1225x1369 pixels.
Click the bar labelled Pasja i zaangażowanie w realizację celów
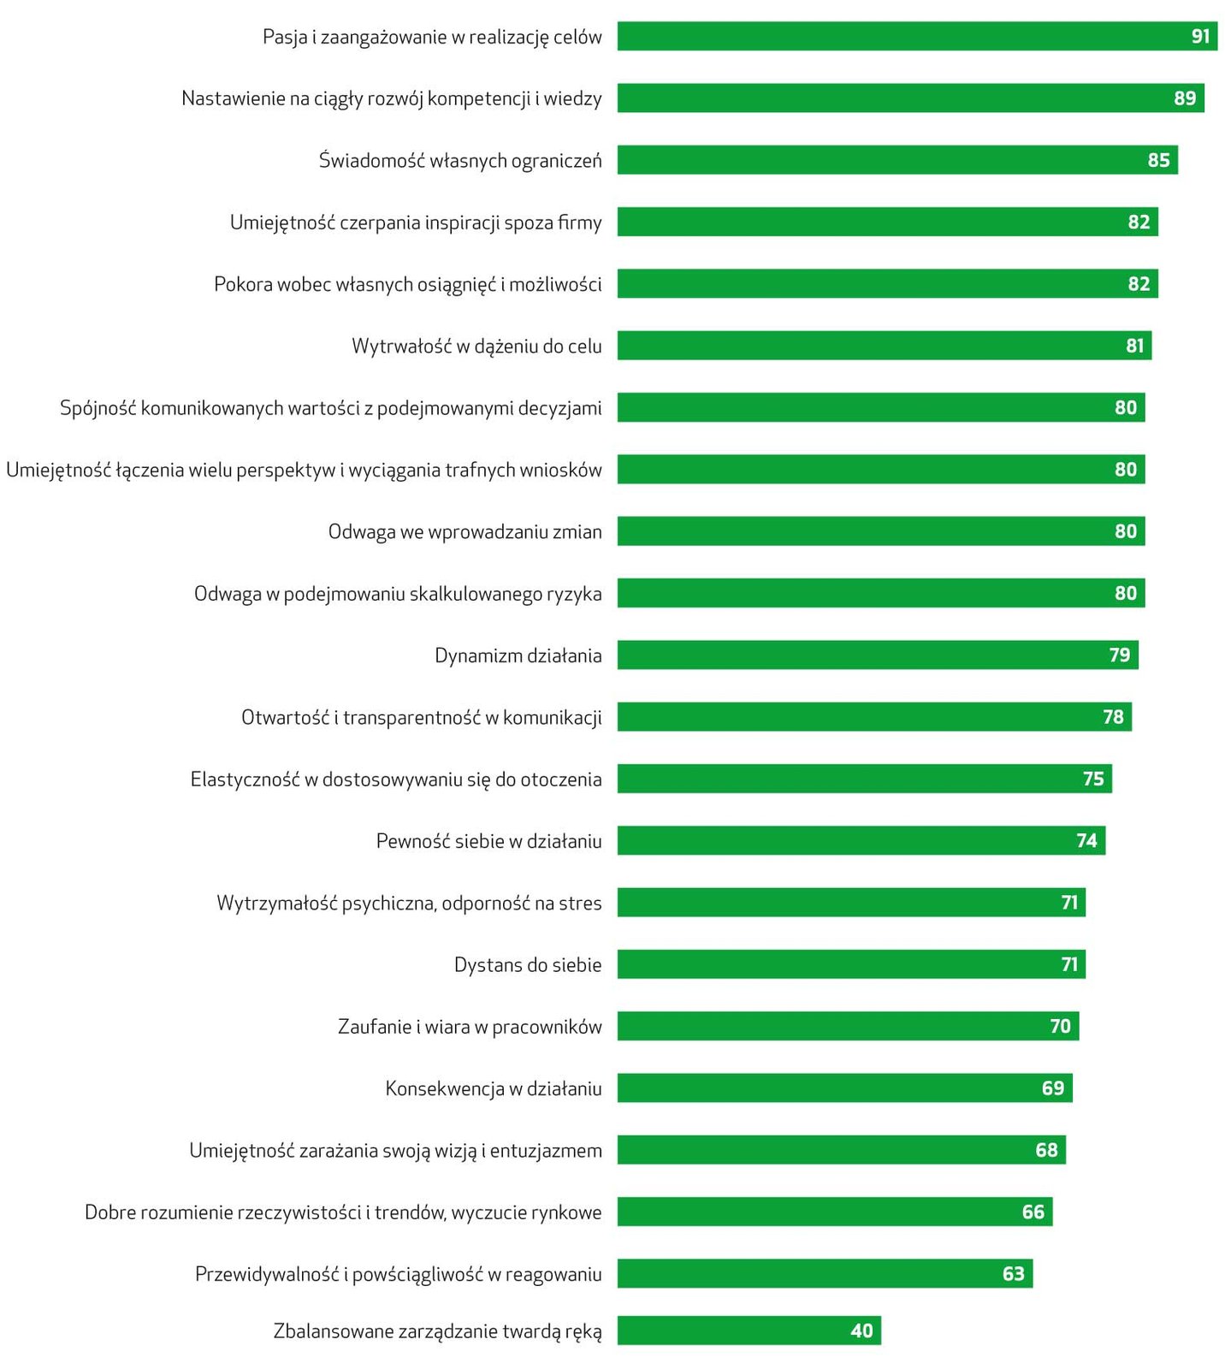[x=916, y=36]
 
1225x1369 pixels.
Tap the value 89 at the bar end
[x=1184, y=98]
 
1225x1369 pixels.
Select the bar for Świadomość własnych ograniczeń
[x=897, y=160]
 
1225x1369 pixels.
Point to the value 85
[x=1158, y=160]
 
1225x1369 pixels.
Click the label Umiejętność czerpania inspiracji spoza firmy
[x=416, y=222]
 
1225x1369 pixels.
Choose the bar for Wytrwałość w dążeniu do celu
[x=884, y=346]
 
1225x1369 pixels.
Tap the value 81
[x=1134, y=346]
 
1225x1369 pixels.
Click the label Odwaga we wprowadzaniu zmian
[x=465, y=531]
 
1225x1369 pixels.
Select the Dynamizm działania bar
[x=877, y=655]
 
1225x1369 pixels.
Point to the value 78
[x=1113, y=717]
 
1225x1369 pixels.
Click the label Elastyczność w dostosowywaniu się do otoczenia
[x=396, y=779]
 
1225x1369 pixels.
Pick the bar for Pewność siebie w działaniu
[x=861, y=840]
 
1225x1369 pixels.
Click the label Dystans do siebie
[x=528, y=965]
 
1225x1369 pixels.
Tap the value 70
[x=1060, y=1026]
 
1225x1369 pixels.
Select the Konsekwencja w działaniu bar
[x=844, y=1087]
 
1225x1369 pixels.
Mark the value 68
[x=1046, y=1150]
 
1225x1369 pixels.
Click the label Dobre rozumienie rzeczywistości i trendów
[x=343, y=1212]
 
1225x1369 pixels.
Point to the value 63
[x=1013, y=1274]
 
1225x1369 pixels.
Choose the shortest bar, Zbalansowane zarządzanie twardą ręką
[x=749, y=1330]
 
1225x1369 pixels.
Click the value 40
[x=861, y=1330]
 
